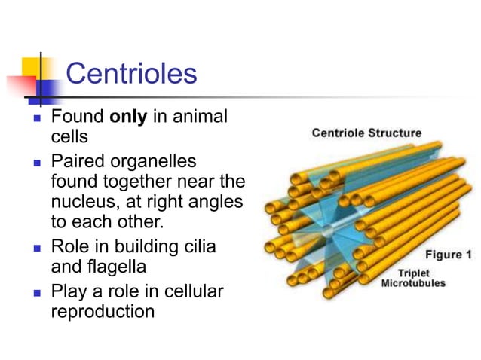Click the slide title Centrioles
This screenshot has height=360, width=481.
(x=131, y=74)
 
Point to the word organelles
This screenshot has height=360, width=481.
(x=155, y=162)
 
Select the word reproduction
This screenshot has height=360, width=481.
(x=103, y=310)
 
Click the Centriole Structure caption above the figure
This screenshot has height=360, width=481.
(x=366, y=133)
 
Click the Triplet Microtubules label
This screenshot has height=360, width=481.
(x=413, y=278)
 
